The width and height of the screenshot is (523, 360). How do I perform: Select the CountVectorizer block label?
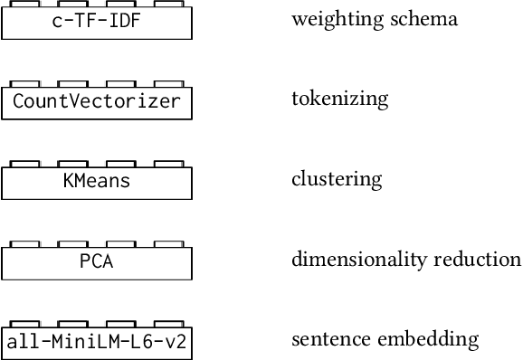click(x=97, y=101)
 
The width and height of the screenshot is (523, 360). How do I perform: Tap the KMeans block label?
click(x=97, y=181)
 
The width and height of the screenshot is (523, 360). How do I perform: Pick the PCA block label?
click(x=97, y=261)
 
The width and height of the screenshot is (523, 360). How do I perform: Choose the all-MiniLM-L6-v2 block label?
click(x=97, y=342)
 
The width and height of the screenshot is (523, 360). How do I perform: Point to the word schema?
click(x=427, y=18)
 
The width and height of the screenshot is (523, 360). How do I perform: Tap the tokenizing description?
click(x=339, y=99)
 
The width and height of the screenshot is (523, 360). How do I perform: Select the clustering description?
click(x=337, y=179)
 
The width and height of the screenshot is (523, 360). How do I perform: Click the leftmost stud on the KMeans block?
click(x=26, y=164)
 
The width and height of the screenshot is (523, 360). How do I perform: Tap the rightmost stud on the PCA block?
click(x=167, y=243)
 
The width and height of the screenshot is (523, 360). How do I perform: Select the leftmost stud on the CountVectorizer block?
click(x=26, y=84)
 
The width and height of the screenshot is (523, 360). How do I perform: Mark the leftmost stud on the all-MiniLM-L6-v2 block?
click(x=26, y=324)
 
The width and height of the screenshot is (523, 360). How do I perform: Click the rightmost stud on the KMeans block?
click(x=167, y=164)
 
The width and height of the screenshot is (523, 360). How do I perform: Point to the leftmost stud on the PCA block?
click(x=26, y=243)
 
